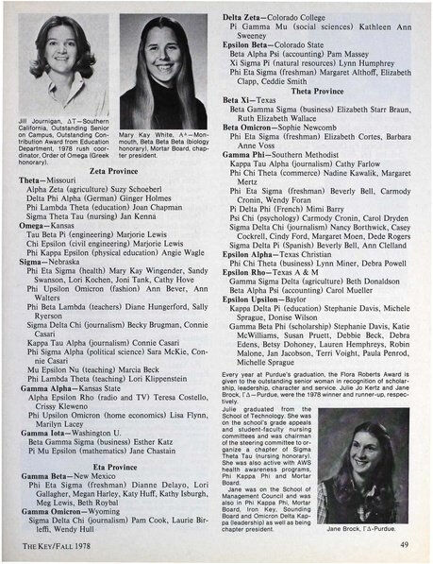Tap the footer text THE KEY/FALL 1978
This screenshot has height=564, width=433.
pos(56,545)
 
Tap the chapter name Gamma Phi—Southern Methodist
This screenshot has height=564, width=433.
pos(276,152)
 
